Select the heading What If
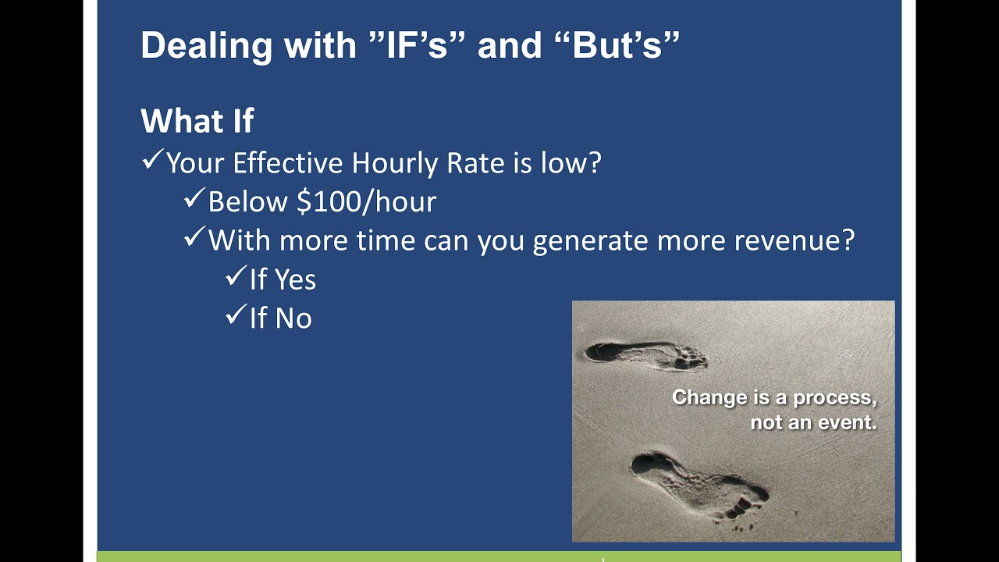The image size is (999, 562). pos(197,122)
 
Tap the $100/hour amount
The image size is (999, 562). pos(366,201)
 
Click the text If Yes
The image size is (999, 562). pos(283,279)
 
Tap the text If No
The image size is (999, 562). pos(280,318)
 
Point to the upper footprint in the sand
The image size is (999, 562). pos(645,354)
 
